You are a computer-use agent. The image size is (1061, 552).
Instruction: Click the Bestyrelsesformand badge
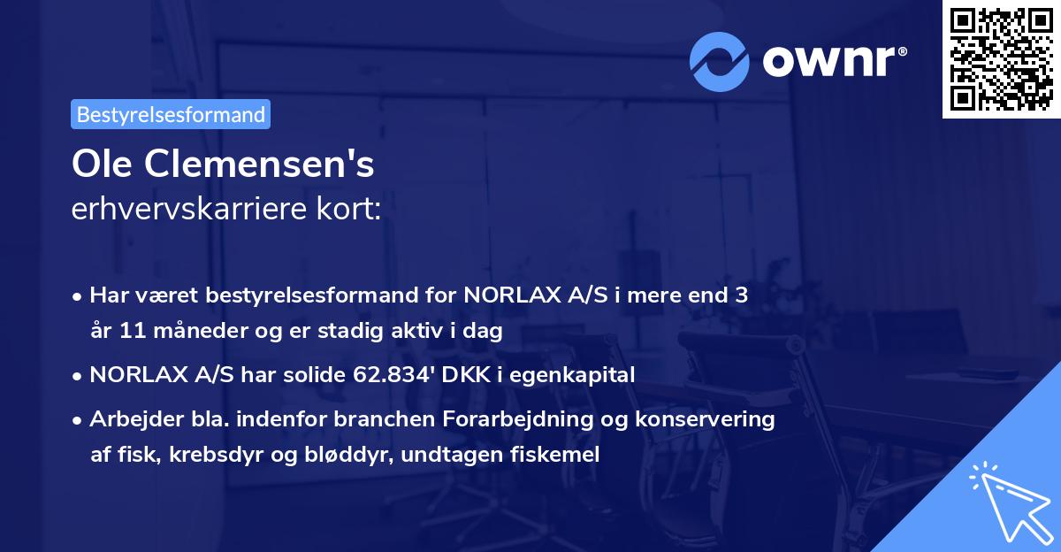[x=171, y=114]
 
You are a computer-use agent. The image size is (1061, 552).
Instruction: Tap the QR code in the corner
[x=1001, y=59]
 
